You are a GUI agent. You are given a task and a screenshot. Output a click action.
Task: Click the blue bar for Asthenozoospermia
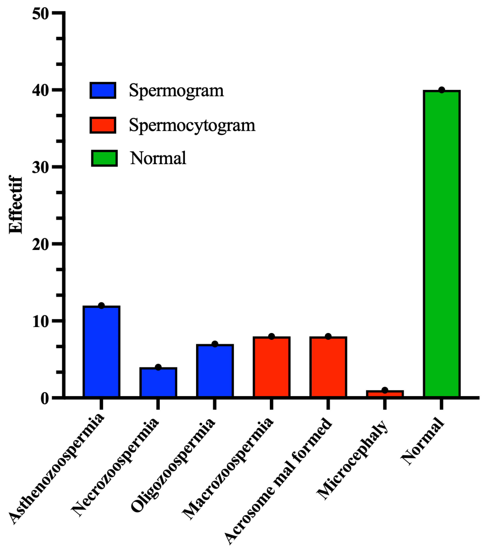[x=101, y=352]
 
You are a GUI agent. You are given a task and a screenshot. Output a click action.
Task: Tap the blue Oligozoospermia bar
[x=215, y=371]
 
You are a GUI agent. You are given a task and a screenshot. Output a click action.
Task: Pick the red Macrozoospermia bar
[x=272, y=367]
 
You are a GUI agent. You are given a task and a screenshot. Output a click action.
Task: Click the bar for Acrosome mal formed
[x=328, y=367]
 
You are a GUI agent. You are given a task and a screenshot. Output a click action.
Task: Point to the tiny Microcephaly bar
[x=385, y=394]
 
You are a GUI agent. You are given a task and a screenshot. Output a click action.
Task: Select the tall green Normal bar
[x=441, y=244]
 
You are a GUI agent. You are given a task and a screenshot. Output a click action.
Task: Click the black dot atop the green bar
[x=441, y=90]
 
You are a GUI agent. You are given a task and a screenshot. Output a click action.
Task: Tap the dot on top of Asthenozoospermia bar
[x=101, y=305]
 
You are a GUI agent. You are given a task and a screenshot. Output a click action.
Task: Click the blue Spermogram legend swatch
[x=103, y=90]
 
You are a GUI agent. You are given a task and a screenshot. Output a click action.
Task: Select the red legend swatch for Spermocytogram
[x=103, y=125]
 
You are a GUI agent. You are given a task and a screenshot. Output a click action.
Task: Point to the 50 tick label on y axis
[x=41, y=13]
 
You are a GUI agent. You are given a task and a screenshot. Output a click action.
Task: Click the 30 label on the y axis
[x=41, y=167]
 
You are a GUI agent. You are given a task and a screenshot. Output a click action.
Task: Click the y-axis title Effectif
[x=15, y=205]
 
